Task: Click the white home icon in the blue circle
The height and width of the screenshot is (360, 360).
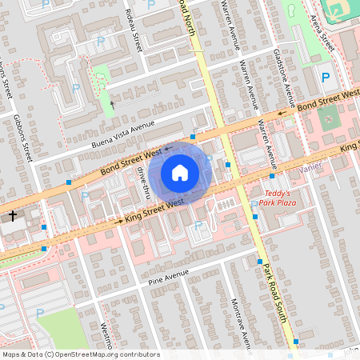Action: pos(180,172)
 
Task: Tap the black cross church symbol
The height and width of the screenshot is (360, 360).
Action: pos(13,215)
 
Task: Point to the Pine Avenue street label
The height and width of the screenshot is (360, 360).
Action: pos(168,277)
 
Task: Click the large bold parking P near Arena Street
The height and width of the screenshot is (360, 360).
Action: pos(325,78)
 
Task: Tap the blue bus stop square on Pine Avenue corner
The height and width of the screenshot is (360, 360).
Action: pos(258,262)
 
